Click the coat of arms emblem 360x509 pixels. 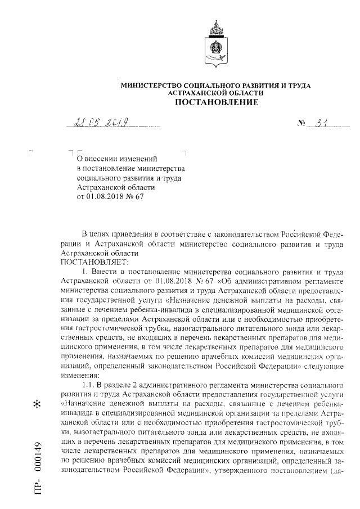pos(216,42)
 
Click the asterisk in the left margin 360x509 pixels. pos(38,405)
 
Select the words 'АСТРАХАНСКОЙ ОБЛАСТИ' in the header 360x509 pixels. pos(216,92)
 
